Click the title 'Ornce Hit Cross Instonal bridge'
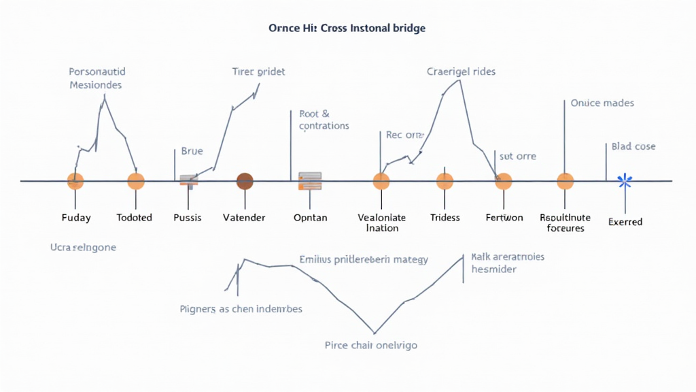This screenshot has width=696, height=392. [x=347, y=29]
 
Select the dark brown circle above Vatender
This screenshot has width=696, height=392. [x=245, y=181]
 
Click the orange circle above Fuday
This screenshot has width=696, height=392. [x=75, y=181]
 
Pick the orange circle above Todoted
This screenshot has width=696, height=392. [x=136, y=181]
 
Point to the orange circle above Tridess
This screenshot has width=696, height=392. [x=445, y=181]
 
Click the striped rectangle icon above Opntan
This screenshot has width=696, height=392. [x=310, y=181]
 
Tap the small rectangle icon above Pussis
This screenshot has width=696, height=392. [x=188, y=180]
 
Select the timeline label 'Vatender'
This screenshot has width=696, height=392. [x=244, y=218]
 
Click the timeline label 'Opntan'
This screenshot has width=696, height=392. [x=310, y=218]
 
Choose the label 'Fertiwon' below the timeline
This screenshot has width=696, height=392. [x=504, y=218]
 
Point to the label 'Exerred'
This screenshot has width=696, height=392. [x=625, y=222]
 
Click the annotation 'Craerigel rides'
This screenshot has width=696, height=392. [x=461, y=71]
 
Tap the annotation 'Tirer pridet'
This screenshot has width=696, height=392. [x=258, y=71]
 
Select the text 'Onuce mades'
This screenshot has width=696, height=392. [x=602, y=103]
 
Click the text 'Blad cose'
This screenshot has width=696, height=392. [x=633, y=146]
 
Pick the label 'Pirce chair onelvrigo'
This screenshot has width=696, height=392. [x=371, y=345]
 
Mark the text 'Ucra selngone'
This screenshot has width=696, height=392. [x=83, y=248]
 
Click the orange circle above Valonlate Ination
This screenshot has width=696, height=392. [x=381, y=181]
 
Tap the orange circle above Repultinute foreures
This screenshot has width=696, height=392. [x=565, y=181]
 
